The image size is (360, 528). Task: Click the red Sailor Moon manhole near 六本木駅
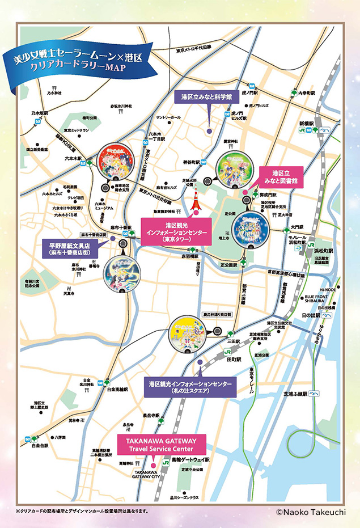tap(116, 163)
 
